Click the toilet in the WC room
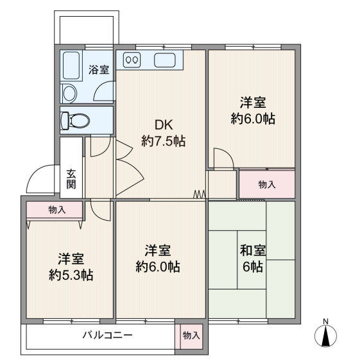coord(75,121)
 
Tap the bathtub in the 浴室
coord(71,65)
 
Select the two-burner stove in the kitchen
coord(132,60)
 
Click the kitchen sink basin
coord(164,60)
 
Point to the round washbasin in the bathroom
coord(69,94)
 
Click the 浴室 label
coord(99,69)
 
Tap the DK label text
coord(164,125)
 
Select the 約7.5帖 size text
coord(163,141)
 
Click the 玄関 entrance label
coord(71,179)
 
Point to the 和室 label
coord(253,250)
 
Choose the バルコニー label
coord(108,335)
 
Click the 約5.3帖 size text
coord(71,275)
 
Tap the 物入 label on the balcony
coord(191,336)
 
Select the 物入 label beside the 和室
coord(267,184)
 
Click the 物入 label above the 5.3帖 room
coord(57,210)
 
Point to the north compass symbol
coord(325,336)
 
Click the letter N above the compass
coord(325,321)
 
